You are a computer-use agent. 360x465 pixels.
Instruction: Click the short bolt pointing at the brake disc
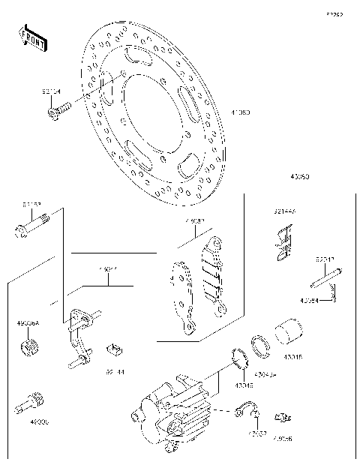57,112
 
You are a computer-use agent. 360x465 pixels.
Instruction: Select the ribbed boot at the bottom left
30,402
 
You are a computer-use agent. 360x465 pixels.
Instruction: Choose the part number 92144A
284,212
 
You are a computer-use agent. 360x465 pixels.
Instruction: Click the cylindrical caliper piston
289,334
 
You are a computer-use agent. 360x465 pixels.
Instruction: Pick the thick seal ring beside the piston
260,343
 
